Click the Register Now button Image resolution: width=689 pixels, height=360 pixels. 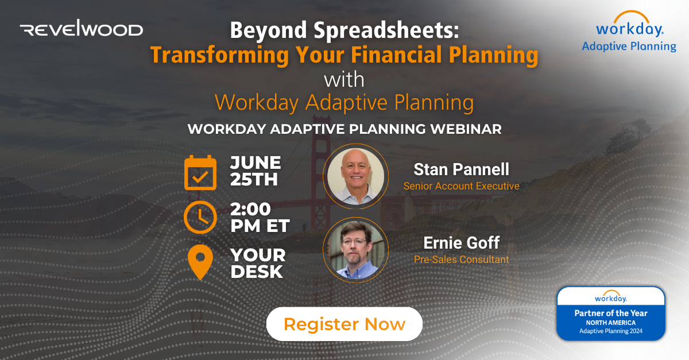click(344, 324)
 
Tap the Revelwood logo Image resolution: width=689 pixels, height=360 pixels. click(81, 30)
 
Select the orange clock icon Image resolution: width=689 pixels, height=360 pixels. click(200, 218)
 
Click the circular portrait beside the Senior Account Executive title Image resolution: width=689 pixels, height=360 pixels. click(355, 176)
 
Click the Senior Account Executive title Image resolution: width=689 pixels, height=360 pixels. click(461, 186)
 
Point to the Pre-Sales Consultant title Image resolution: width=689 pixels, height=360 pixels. click(461, 260)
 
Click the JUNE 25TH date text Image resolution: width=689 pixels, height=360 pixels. click(255, 171)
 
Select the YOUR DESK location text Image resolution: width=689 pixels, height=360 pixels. click(258, 262)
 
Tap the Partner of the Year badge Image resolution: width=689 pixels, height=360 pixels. click(611, 313)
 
